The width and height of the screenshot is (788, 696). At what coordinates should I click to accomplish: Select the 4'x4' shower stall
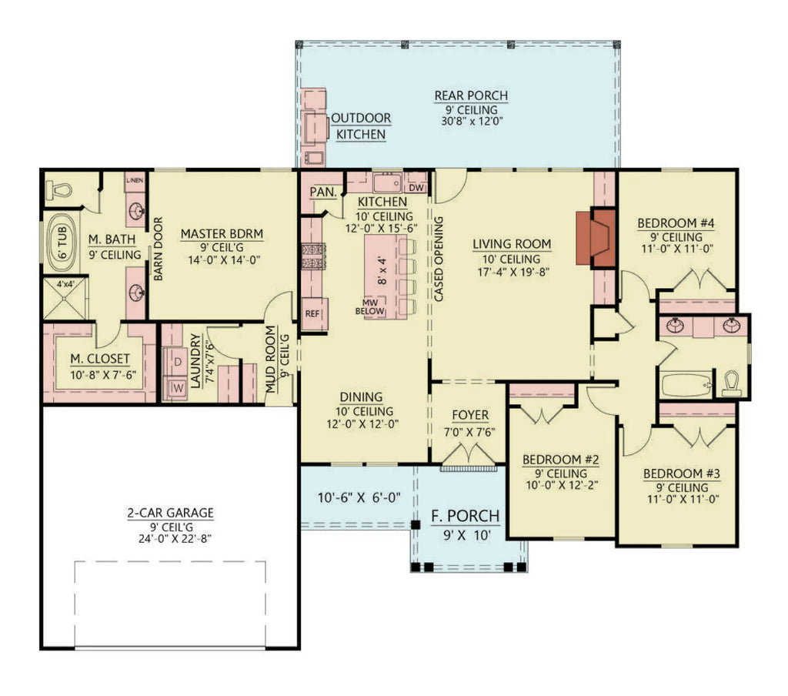point(65,300)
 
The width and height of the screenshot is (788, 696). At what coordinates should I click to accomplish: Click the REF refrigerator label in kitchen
point(312,313)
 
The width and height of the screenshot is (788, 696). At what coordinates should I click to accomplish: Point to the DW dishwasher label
point(417,187)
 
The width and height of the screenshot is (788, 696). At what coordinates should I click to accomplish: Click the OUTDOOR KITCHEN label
point(361,125)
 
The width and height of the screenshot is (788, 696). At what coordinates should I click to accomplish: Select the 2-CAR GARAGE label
point(170,513)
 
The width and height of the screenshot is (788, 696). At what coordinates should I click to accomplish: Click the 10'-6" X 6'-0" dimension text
point(359,497)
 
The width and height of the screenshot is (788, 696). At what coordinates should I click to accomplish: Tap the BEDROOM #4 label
point(676,223)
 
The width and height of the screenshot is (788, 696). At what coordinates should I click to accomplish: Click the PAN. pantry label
point(320,192)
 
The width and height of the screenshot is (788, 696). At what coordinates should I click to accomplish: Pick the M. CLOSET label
point(99,359)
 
